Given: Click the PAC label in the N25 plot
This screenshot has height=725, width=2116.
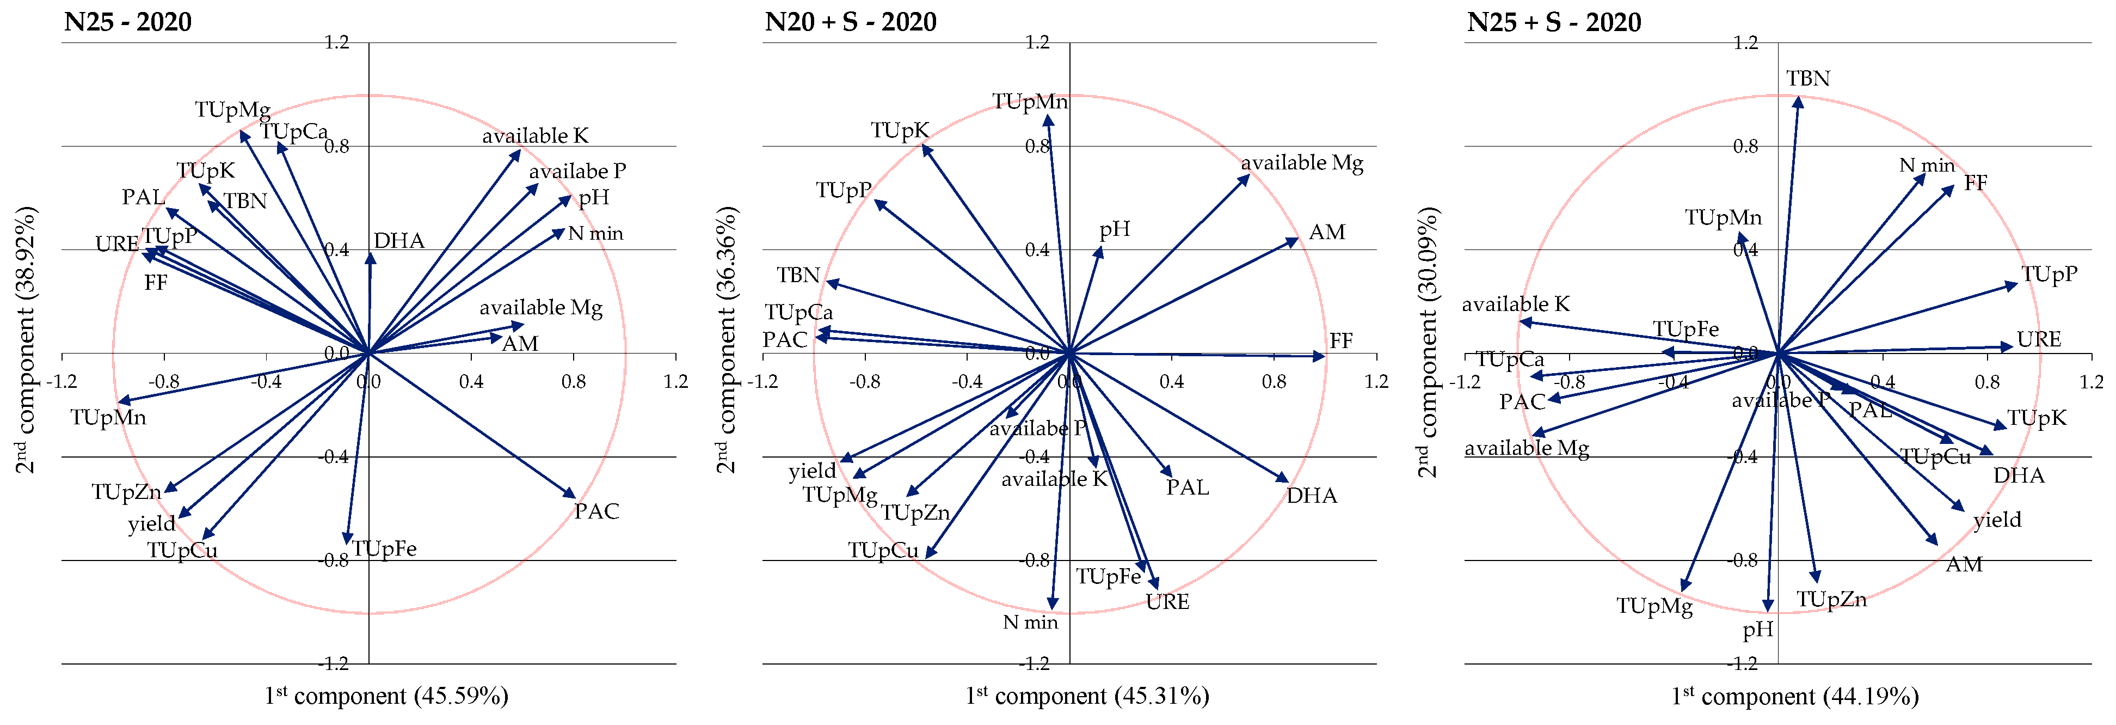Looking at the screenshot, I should (596, 511).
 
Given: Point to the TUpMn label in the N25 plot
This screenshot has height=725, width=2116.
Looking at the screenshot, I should (108, 418).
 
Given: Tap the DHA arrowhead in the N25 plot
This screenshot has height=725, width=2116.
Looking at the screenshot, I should (371, 257).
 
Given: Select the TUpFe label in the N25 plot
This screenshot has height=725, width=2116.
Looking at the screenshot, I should (384, 549).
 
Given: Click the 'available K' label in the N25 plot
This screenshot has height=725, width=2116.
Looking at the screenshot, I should (535, 136).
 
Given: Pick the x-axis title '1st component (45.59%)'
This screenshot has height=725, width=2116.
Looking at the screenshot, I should (386, 696).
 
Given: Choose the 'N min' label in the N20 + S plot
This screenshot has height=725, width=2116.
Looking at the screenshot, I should (1030, 622).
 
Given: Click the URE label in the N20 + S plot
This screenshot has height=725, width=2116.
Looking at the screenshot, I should (1167, 602).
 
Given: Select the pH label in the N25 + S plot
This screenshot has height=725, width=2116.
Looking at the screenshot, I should (1758, 630).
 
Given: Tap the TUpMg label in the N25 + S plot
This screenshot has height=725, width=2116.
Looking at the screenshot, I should (1654, 607).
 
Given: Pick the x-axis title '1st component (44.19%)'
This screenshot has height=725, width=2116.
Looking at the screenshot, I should (1795, 696).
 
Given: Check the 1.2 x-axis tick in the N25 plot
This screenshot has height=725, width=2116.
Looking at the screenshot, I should (675, 381).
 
